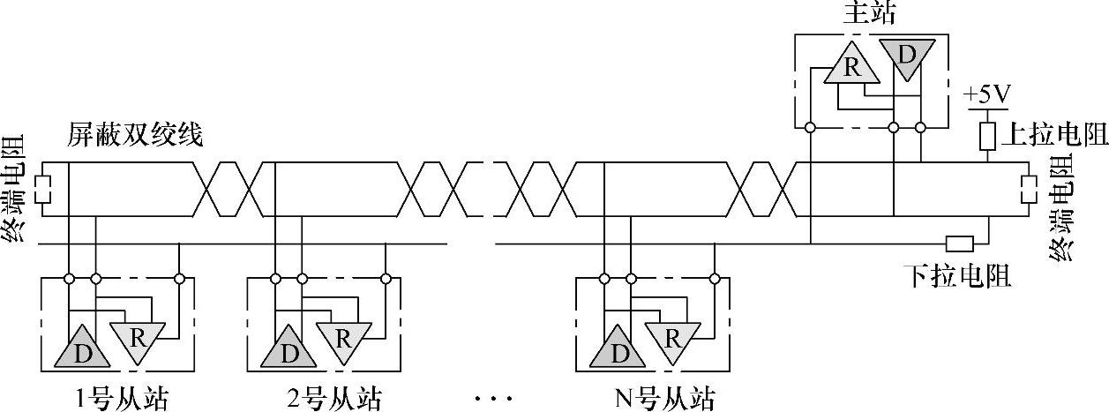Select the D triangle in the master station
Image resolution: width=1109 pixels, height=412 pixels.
tap(906, 56)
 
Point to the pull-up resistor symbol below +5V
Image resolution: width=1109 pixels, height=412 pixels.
tap(988, 134)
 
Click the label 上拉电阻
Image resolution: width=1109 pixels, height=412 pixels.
tap(1054, 135)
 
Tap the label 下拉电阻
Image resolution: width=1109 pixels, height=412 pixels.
tap(958, 276)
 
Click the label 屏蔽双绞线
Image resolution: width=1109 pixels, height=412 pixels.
tap(135, 136)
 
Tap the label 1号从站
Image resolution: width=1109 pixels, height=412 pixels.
tap(120, 399)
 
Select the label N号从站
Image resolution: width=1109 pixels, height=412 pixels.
tap(663, 399)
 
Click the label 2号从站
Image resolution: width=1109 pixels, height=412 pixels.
tap(334, 399)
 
